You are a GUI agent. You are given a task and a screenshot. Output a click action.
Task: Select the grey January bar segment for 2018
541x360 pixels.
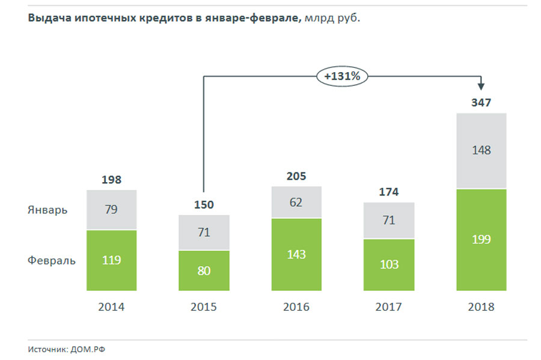481,150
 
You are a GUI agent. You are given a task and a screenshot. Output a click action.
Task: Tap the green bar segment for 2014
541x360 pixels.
112,260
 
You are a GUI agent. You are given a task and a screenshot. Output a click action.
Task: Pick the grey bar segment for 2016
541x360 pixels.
296,203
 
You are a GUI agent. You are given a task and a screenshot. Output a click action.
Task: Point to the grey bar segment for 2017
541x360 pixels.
389,220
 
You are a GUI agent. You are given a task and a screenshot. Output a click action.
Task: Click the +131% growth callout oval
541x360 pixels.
342,76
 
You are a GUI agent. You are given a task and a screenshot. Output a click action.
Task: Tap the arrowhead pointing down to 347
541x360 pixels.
481,88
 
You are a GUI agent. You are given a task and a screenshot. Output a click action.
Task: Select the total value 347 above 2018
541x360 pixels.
481,103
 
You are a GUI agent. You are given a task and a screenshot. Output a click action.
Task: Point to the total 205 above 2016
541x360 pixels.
296,176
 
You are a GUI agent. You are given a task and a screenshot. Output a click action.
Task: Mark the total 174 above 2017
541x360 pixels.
389,192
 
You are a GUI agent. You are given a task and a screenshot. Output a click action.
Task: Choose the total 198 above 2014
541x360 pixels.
112,180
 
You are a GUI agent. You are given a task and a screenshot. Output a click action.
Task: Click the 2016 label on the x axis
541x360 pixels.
296,307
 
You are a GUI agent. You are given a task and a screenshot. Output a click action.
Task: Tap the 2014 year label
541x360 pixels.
112,307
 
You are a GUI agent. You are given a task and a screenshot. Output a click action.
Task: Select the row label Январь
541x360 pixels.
47,210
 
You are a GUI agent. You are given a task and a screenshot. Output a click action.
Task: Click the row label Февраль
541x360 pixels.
52,261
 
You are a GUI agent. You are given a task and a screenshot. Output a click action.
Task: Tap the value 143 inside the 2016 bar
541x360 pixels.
296,254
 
